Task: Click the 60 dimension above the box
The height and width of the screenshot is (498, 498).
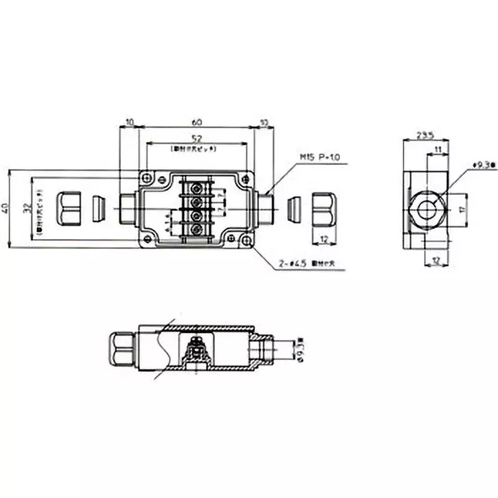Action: coord(196,123)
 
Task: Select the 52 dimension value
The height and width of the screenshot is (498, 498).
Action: coord(196,139)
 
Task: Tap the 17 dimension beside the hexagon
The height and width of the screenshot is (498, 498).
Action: coord(461,210)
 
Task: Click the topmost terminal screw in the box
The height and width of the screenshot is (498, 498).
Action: coord(195,187)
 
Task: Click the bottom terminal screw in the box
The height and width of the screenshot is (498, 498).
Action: coord(195,229)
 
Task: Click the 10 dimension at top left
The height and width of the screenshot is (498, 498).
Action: coord(129,123)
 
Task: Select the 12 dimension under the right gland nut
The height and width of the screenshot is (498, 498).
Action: coord(324,239)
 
